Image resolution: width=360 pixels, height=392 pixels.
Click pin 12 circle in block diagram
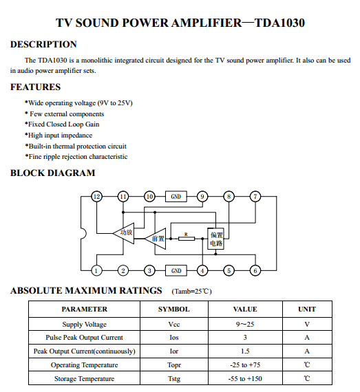coord(96,197)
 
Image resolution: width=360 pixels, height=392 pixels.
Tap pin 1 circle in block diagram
coord(96,270)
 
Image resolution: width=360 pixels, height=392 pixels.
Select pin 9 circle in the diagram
coord(202,197)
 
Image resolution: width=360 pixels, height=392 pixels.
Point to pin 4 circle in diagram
coord(202,270)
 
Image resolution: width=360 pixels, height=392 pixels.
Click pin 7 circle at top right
coord(255,197)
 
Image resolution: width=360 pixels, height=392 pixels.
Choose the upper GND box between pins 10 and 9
coord(176,197)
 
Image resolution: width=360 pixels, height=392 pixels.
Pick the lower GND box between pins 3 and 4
coord(176,270)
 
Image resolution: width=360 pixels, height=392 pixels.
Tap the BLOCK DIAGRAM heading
coord(52,173)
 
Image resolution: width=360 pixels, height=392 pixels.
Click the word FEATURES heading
coord(35,87)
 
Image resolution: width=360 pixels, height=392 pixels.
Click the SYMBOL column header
coord(173,309)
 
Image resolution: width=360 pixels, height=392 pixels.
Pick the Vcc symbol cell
coord(173,324)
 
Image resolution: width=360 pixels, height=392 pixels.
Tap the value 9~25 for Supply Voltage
coord(244,324)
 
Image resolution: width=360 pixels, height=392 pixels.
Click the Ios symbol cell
coord(173,338)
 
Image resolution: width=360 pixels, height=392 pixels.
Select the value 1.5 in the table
coord(244,351)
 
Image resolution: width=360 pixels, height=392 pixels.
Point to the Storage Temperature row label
coord(84,378)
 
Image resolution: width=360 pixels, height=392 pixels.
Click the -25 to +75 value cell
coord(244,364)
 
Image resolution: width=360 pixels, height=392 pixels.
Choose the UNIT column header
coord(306,309)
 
